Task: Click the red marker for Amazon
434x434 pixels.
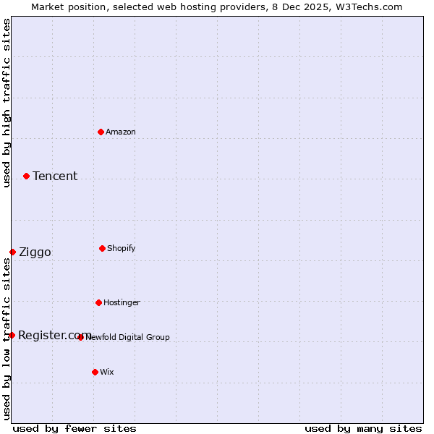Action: click(101, 132)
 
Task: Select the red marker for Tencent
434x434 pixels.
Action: click(26, 176)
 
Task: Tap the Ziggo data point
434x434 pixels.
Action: click(12, 252)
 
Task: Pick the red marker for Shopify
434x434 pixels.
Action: click(102, 248)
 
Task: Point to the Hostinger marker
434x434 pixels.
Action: click(98, 302)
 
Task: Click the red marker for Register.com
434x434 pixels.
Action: click(12, 335)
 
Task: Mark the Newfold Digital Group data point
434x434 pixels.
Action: click(80, 337)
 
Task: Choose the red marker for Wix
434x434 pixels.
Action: click(95, 372)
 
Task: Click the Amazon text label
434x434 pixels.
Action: click(121, 132)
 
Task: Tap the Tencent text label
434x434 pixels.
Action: click(55, 176)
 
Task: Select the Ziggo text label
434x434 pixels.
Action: click(35, 252)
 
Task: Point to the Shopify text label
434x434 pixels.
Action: click(122, 249)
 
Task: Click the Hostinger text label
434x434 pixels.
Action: click(122, 303)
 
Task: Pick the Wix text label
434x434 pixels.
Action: click(107, 373)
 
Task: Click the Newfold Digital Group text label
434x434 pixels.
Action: click(128, 338)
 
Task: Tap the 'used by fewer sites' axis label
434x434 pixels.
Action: click(75, 429)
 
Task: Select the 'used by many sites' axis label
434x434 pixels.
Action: click(363, 429)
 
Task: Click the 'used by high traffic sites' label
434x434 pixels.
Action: click(7, 103)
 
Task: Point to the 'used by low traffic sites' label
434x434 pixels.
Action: click(7, 339)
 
